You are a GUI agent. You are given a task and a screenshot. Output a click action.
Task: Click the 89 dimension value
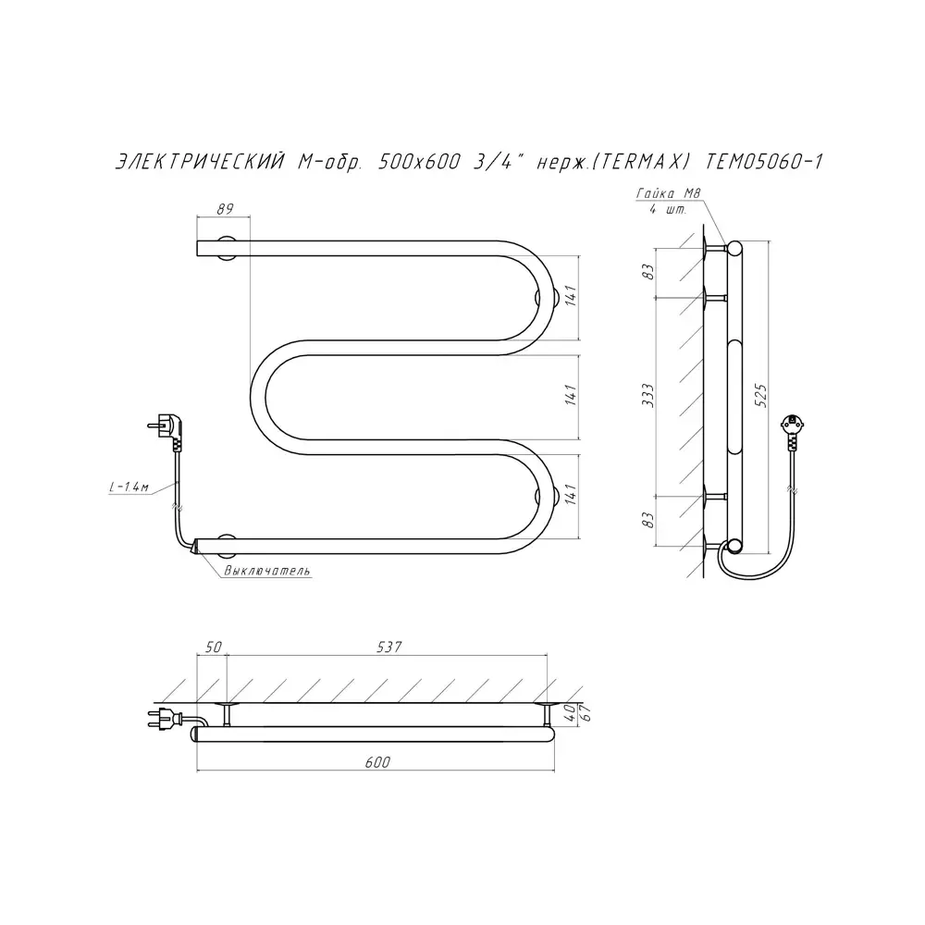(224, 209)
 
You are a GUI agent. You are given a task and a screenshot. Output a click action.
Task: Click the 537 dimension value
(388, 647)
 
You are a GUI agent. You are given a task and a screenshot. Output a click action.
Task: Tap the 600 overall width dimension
(377, 762)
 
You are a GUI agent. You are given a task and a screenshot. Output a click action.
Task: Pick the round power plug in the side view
(791, 426)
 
